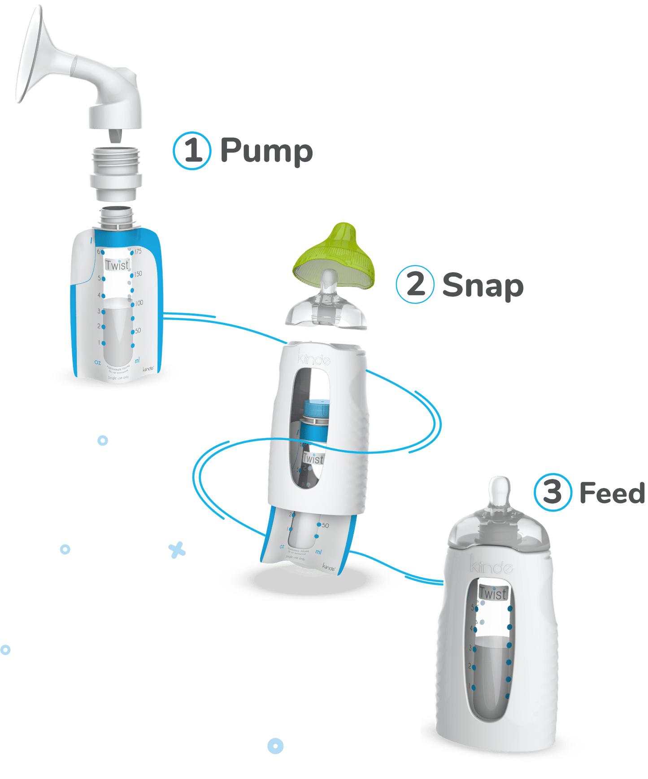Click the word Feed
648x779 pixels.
612,493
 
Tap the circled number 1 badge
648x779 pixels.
192,151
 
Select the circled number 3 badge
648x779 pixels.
552,492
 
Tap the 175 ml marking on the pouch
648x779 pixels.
138,252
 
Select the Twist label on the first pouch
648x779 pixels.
117,265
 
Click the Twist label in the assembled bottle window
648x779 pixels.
493,593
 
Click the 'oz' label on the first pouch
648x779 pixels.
97,361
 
